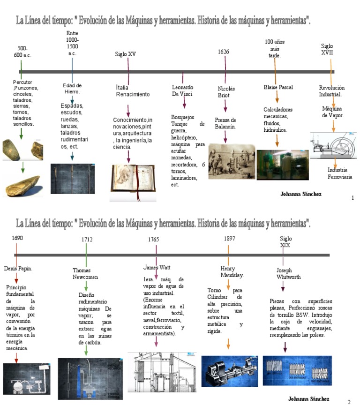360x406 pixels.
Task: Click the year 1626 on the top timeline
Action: (224, 52)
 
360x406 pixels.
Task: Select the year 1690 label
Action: (17, 238)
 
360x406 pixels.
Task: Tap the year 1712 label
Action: (87, 239)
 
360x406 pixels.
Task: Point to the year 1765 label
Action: (154, 239)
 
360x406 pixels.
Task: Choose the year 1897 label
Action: (230, 238)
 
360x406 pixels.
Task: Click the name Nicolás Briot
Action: (226, 92)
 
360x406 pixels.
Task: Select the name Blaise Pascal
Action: (278, 87)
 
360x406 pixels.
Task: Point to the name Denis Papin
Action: (18, 269)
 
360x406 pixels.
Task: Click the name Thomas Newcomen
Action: (85, 274)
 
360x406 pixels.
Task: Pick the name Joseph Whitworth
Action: (288, 274)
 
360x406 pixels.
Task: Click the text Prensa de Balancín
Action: (225, 123)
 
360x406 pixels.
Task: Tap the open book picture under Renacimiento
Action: (133, 183)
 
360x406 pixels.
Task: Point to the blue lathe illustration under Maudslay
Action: (229, 370)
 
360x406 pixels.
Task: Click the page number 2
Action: (349, 402)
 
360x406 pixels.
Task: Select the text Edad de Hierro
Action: (72, 89)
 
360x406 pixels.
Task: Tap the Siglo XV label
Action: (126, 54)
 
